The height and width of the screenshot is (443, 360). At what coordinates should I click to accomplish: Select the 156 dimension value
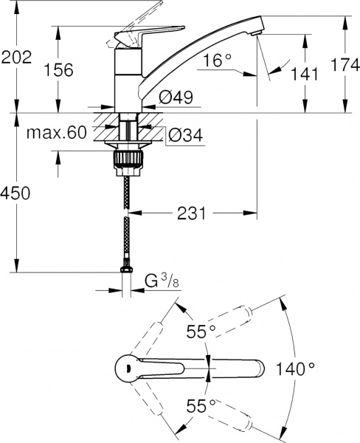coord(60,71)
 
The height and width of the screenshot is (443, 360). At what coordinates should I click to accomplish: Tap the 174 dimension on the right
coord(343,66)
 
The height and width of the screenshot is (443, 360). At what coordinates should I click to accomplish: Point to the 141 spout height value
coord(305,74)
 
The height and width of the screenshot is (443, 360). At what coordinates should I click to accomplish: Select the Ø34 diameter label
coord(183,135)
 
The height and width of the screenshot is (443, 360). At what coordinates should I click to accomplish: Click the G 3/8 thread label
coord(159,281)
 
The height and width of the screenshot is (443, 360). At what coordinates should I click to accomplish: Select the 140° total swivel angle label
coord(295,367)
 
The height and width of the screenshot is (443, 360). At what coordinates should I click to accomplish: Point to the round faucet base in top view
coord(128,367)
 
